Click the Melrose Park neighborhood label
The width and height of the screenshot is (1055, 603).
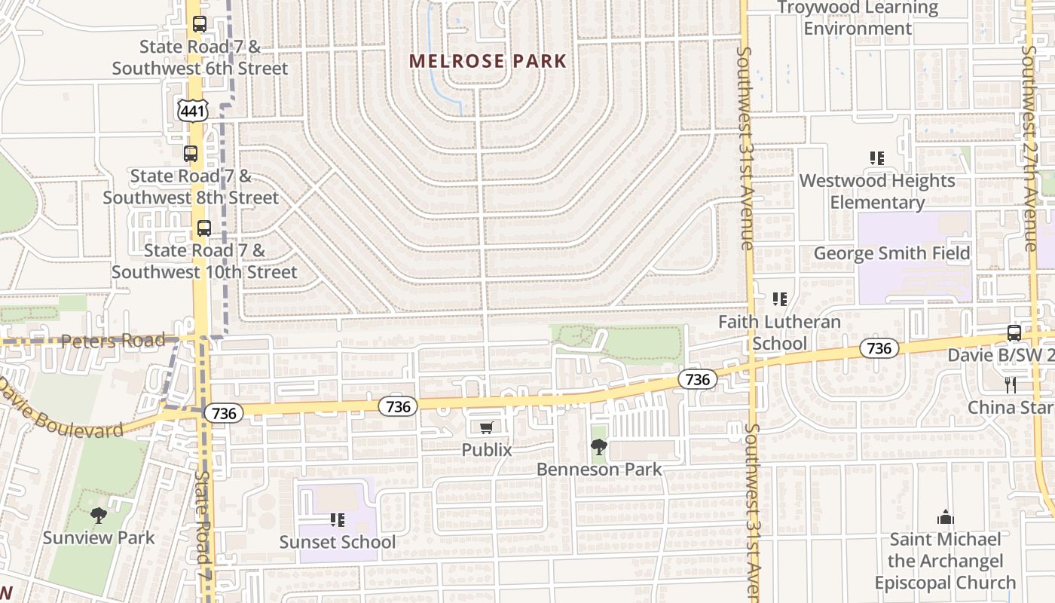[x=488, y=61]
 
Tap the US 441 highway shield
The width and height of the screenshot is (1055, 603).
[x=192, y=111]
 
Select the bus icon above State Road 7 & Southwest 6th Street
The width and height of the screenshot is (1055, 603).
[x=199, y=24]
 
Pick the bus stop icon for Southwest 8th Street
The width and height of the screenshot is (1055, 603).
[x=191, y=154]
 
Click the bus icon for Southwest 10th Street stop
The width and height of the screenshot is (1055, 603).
[x=203, y=228]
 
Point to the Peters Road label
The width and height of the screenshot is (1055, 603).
[x=112, y=341]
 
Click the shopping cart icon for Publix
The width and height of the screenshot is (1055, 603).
[x=487, y=427]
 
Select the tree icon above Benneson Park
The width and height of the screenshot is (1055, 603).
[x=598, y=447]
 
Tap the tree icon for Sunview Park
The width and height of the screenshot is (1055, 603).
[x=98, y=516]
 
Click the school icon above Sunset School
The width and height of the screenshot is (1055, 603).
[x=337, y=519]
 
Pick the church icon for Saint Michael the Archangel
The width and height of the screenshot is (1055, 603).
[x=945, y=517]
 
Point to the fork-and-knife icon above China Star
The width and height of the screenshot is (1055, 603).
[x=1011, y=385]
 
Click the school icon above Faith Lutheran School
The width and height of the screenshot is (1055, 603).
[x=779, y=299]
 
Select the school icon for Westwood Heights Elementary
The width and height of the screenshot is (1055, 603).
[x=876, y=158]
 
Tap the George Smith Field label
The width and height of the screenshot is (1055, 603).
[x=891, y=253]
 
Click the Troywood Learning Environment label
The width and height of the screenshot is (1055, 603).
[x=858, y=18]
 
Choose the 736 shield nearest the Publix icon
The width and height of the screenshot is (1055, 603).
[x=398, y=407]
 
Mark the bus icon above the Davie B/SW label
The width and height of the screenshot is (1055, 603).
[x=1014, y=332]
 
